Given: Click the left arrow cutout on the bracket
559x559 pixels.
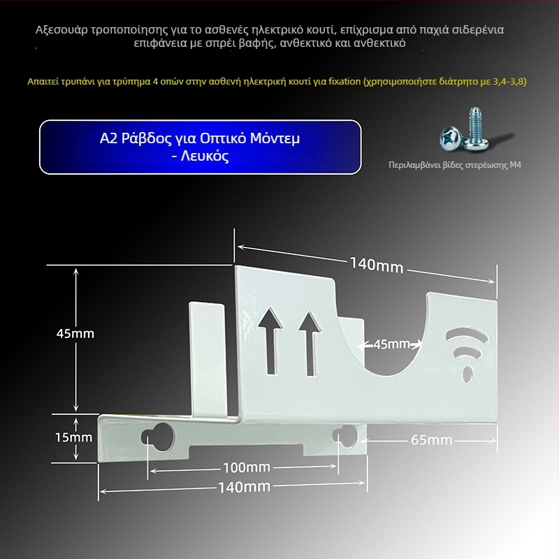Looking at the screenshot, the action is (x=271, y=341).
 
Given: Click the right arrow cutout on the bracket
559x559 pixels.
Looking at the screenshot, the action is (x=310, y=344).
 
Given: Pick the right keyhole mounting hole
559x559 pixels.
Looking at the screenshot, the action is (x=345, y=435).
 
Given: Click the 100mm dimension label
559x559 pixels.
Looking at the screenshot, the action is (x=247, y=467).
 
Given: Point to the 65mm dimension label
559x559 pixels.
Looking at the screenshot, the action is (x=431, y=440).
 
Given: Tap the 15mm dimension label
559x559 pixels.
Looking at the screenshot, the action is (x=73, y=437).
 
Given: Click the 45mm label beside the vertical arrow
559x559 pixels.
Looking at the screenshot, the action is (x=75, y=334).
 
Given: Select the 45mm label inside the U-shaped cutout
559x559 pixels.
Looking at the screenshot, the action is (x=391, y=344).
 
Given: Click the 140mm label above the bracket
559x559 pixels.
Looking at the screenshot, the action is (x=377, y=266).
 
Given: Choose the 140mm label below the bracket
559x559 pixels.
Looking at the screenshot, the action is (x=244, y=487).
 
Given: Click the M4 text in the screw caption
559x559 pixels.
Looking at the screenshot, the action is (x=516, y=165).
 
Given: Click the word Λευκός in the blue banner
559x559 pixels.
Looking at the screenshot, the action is (x=205, y=156).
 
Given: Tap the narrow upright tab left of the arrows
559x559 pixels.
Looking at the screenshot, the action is (x=207, y=359).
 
